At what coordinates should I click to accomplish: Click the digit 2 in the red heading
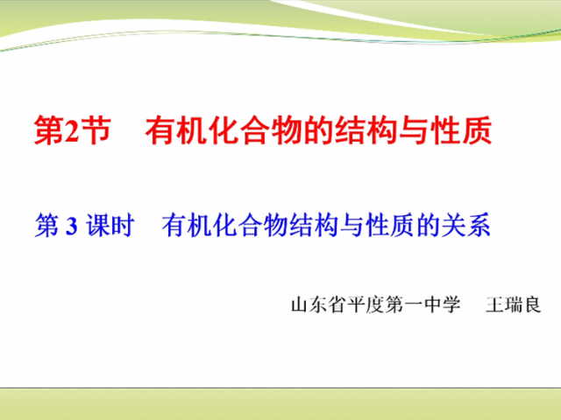(71, 130)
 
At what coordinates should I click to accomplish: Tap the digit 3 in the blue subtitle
(72, 226)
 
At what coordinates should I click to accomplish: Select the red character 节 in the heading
(95, 130)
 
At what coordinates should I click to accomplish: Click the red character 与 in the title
(413, 130)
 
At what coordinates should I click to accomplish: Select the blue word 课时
(110, 226)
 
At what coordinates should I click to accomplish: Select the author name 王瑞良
(513, 305)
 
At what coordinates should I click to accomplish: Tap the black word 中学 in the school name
(443, 305)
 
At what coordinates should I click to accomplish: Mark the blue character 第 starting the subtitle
(46, 226)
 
